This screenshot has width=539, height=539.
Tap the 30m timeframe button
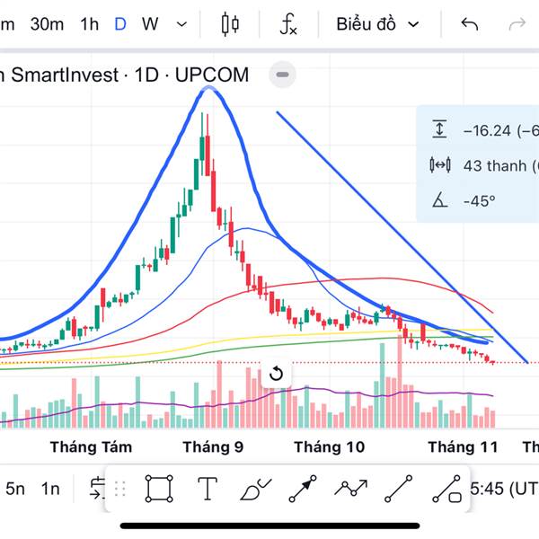(47, 24)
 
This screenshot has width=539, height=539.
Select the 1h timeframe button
(89, 24)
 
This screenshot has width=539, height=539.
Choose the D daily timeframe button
(120, 24)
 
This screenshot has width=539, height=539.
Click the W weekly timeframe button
(150, 24)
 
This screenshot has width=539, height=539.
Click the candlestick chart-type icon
(231, 24)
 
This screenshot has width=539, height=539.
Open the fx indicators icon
(287, 24)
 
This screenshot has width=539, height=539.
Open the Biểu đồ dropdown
(377, 24)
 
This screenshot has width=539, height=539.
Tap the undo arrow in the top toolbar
(470, 24)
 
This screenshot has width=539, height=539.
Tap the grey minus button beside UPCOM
(282, 75)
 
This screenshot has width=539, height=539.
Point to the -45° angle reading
(479, 200)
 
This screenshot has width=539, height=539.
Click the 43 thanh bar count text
(497, 165)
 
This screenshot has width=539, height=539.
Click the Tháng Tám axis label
(91, 446)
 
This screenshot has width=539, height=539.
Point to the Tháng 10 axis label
(330, 446)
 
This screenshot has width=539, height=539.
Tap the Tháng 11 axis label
(462, 446)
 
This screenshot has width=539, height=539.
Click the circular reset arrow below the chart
(276, 374)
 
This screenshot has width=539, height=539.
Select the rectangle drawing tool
(159, 489)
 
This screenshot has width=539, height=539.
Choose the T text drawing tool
(208, 489)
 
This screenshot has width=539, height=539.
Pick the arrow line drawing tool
(303, 489)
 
